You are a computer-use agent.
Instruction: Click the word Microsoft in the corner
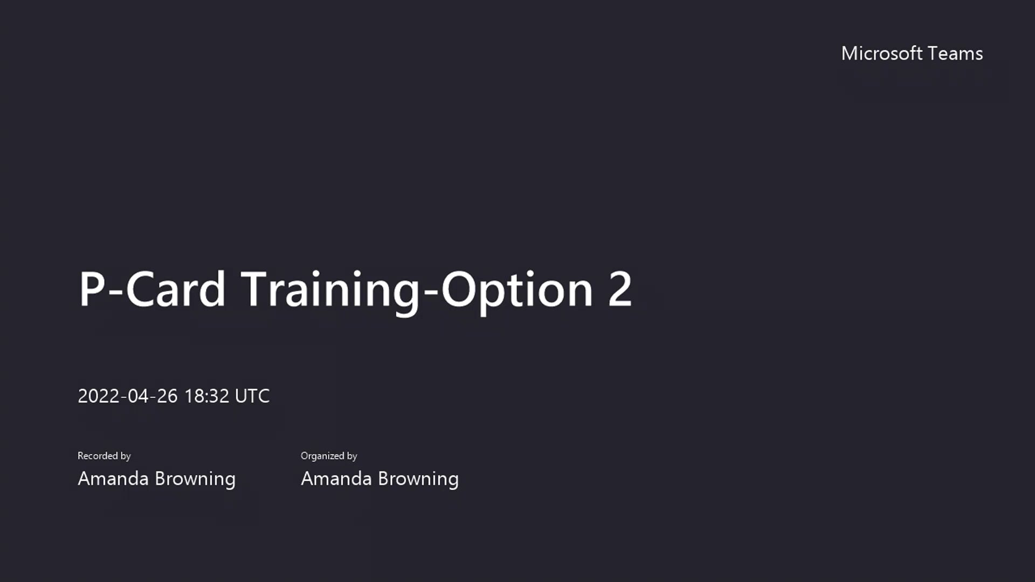[882, 53]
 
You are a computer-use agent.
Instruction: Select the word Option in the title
[517, 289]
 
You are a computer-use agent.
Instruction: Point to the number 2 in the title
[620, 289]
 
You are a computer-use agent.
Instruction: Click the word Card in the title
[175, 289]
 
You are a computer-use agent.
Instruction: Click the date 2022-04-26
[128, 396]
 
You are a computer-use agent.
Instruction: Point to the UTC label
[252, 396]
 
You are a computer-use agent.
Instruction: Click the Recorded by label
[104, 456]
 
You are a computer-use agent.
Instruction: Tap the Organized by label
[329, 456]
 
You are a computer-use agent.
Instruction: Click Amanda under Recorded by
[113, 479]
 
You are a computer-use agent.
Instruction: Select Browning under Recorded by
[195, 479]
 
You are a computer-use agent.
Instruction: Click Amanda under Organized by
[336, 479]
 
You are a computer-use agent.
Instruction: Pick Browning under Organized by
[418, 479]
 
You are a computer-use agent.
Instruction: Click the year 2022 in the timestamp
[99, 396]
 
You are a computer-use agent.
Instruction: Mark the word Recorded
[98, 456]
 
